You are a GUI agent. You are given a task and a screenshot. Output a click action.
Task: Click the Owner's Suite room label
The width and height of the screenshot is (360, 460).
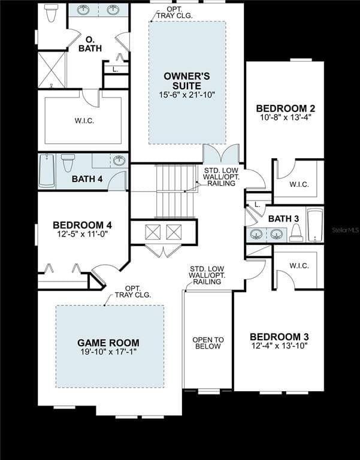coord(187,81)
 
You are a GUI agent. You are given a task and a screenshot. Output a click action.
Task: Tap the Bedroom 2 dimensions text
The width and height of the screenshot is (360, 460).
coord(285,117)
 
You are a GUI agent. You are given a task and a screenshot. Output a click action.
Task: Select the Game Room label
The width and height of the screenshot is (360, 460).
coord(108,343)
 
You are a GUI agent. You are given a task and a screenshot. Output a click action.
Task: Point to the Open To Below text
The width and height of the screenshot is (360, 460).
coord(208,343)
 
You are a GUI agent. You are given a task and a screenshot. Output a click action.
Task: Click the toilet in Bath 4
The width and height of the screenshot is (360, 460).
coord(68,162)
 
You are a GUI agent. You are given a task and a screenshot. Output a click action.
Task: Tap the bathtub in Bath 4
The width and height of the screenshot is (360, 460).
coord(47,171)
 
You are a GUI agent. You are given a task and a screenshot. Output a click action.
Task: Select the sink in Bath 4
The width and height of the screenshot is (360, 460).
coord(119,161)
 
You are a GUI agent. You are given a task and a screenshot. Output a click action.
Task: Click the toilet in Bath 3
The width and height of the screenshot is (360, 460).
coord(296,233)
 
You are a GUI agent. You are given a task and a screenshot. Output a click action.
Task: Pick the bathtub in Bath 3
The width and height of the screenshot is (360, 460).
coord(314,225)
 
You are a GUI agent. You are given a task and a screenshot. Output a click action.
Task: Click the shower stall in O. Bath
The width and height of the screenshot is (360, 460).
coord(52,70)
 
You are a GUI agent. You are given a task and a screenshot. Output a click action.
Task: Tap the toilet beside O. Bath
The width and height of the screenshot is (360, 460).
coord(51,13)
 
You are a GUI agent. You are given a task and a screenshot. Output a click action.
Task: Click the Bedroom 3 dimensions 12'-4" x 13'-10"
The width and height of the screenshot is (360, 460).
coord(279,346)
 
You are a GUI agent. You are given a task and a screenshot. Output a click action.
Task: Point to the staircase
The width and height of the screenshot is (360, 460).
coord(176,190)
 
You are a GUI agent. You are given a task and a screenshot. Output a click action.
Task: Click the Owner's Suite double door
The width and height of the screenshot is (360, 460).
coord(222,154)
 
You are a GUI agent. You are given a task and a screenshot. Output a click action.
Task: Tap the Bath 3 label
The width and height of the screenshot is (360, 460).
coord(283,219)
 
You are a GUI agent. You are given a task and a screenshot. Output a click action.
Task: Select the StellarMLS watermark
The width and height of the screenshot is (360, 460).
coord(346,230)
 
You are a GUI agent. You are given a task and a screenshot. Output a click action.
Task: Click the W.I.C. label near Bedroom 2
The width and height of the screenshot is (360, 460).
coord(299,184)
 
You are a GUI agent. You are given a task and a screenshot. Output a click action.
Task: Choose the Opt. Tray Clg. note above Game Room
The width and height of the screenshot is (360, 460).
coord(132,292)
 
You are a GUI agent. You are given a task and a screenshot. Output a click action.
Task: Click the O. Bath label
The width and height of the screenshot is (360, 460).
coord(90,44)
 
